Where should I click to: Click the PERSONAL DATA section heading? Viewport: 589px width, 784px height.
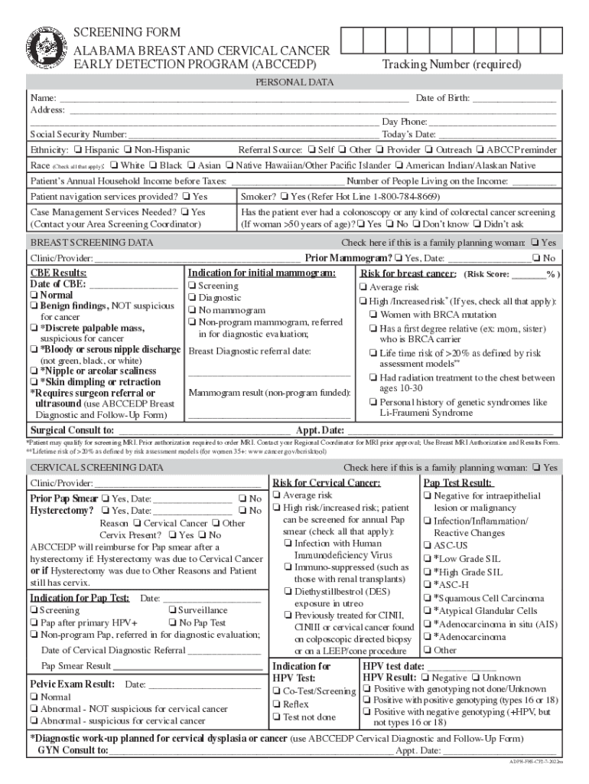[x=294, y=82]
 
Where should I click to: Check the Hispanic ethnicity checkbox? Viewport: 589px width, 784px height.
[x=79, y=150]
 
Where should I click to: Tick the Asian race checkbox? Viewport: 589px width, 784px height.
[x=191, y=165]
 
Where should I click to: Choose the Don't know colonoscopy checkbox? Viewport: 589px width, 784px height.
[x=416, y=224]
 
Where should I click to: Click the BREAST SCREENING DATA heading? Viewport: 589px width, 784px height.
[x=91, y=243]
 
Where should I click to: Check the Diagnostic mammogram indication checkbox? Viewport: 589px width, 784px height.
[x=192, y=298]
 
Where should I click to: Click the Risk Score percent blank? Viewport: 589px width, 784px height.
[x=526, y=273]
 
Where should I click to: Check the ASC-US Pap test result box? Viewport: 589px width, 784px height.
[x=427, y=546]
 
